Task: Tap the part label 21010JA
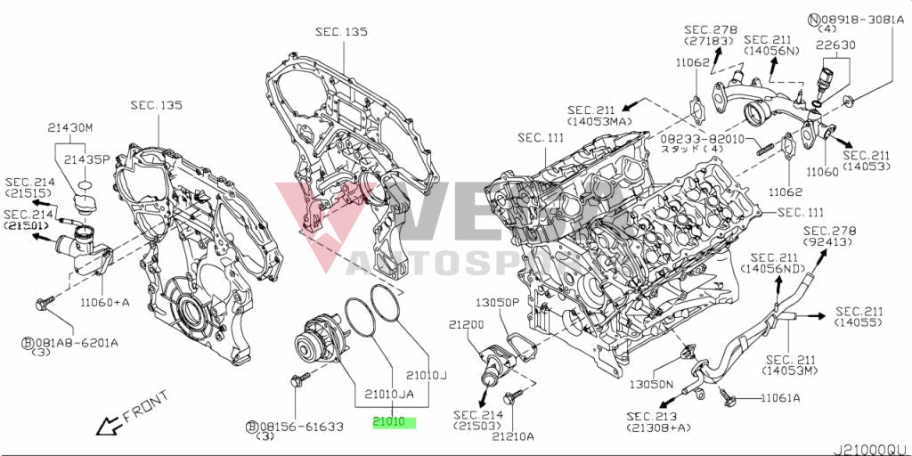pos(389,393)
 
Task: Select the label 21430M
pos(70,127)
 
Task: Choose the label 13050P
pos(497,303)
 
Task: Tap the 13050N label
pos(651,385)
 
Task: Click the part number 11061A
pos(780,398)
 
